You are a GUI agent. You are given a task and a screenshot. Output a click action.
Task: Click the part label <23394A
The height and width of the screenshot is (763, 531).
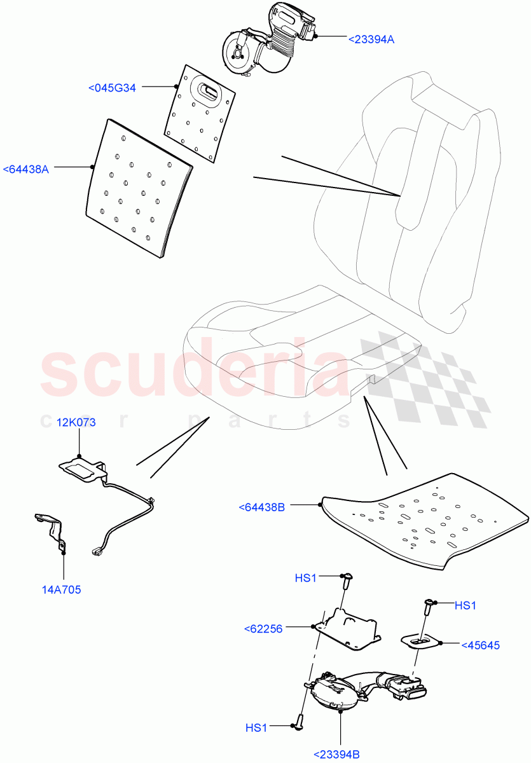tap(371, 39)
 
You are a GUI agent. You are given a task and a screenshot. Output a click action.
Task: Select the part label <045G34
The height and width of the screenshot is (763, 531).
tap(112, 88)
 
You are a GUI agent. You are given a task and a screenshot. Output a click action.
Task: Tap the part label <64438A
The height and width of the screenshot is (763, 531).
tap(27, 169)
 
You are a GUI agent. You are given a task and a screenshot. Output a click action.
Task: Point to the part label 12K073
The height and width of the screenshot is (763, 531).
tap(76, 423)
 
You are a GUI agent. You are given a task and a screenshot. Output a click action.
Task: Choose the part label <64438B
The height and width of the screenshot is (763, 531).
tap(262, 507)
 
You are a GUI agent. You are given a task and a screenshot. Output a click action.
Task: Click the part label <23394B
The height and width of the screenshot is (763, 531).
tap(337, 755)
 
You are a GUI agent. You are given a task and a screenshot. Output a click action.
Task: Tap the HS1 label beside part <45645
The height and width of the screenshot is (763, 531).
tap(465, 606)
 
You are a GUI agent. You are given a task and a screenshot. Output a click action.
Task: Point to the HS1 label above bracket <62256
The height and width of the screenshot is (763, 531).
tap(306, 577)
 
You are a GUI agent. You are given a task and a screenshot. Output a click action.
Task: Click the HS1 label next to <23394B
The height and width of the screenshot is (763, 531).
tap(256, 727)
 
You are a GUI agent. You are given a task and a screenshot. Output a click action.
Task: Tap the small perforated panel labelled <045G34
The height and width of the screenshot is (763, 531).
tap(199, 111)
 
